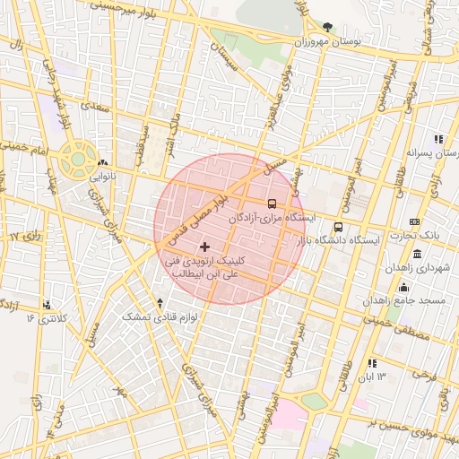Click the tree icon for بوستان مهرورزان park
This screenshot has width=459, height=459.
(x=328, y=27)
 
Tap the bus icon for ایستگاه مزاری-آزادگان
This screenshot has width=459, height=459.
(x=273, y=203)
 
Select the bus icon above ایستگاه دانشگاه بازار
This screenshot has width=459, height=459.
(x=338, y=227)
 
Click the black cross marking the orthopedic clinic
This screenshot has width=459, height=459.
(x=204, y=247)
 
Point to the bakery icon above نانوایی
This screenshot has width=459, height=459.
(x=102, y=163)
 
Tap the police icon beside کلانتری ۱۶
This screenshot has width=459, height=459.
(x=47, y=304)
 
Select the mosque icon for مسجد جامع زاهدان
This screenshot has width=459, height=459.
(x=403, y=287)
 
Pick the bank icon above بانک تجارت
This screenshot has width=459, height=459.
(x=413, y=221)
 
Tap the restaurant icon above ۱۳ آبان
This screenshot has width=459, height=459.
(x=372, y=363)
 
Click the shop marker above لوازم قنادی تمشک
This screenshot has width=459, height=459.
(x=160, y=303)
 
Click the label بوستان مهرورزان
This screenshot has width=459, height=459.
(x=327, y=42)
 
